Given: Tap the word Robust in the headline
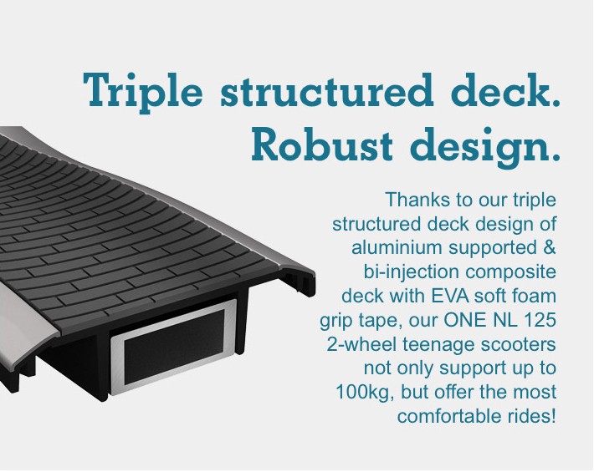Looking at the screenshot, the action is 321,144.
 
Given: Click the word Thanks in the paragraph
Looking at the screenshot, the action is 418,200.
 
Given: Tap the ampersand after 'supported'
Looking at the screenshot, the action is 548,248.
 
